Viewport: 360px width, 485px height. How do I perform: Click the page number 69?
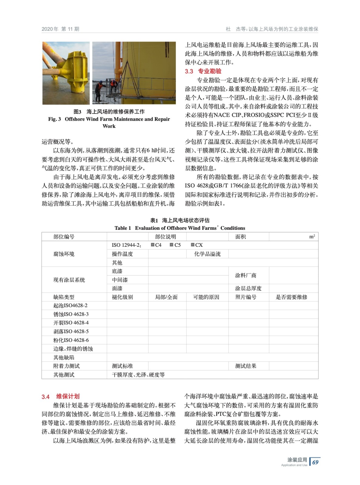pos(315,462)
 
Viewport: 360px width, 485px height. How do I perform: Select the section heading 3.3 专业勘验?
pos(203,71)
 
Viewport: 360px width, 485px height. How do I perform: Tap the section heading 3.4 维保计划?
pos(60,396)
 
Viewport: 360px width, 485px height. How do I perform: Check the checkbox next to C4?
pos(153,245)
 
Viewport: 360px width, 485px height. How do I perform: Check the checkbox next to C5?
pos(172,245)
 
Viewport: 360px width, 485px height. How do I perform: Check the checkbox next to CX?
pos(193,245)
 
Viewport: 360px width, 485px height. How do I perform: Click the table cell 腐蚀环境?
pos(64,254)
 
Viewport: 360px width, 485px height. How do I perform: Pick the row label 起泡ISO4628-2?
pos(70,306)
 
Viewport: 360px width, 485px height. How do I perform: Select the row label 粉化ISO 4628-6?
pos(71,340)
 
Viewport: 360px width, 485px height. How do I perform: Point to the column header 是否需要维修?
pos(291,297)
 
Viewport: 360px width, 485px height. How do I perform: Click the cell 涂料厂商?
pos(246,275)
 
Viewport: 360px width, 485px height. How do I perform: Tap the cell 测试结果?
pos(246,366)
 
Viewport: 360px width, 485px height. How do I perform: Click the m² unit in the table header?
pos(312,236)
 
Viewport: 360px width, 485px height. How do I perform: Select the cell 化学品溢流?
pos(207,254)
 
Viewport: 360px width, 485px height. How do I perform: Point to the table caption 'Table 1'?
pos(123,228)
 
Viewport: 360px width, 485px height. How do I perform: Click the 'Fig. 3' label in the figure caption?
pos(55,119)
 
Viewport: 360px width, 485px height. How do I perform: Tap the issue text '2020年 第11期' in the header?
pos(60,29)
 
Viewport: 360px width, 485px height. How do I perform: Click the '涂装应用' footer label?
pos(297,460)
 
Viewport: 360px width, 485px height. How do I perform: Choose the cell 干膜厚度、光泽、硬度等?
pos(138,375)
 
